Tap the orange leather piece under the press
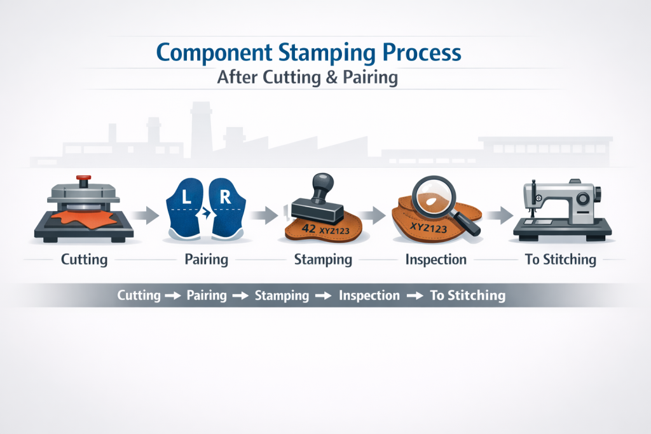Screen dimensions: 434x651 click(x=76, y=218)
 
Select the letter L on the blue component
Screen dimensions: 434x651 click(x=186, y=198)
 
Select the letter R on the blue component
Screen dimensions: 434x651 click(x=224, y=198)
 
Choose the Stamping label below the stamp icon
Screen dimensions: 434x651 click(x=323, y=260)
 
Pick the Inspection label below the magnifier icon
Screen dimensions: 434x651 click(x=437, y=260)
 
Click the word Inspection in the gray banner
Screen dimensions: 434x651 click(x=369, y=295)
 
